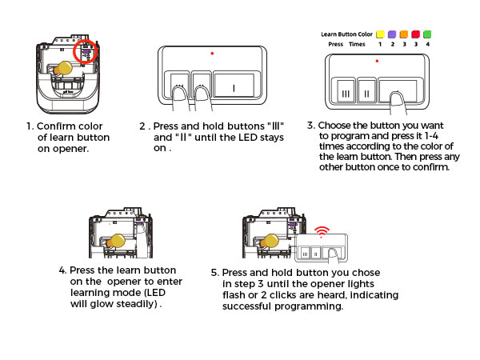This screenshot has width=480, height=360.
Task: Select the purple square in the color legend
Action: [x=392, y=35]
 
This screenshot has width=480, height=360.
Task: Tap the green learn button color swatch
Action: [x=428, y=35]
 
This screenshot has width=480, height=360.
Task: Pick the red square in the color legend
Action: [x=416, y=35]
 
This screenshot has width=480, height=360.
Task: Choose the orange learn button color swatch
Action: [x=404, y=35]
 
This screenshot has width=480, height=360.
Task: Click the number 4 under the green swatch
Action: [x=428, y=46]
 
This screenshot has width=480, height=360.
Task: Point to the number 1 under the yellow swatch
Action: [x=379, y=46]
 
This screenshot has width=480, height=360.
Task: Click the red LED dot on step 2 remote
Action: [x=212, y=53]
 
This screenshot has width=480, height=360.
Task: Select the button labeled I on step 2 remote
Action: [x=234, y=87]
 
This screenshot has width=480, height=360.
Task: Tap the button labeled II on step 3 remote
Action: [x=366, y=91]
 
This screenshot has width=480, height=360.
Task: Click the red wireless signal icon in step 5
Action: [x=322, y=232]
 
